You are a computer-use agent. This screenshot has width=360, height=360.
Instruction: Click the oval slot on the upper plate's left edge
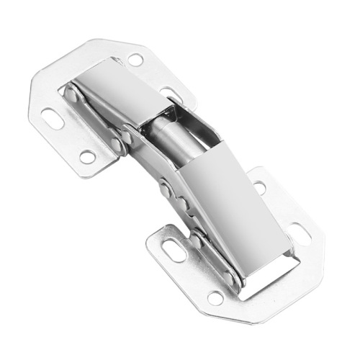pyautogui.click(x=53, y=118)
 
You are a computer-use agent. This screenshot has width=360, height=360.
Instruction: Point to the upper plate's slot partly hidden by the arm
pyautogui.click(x=170, y=93)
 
